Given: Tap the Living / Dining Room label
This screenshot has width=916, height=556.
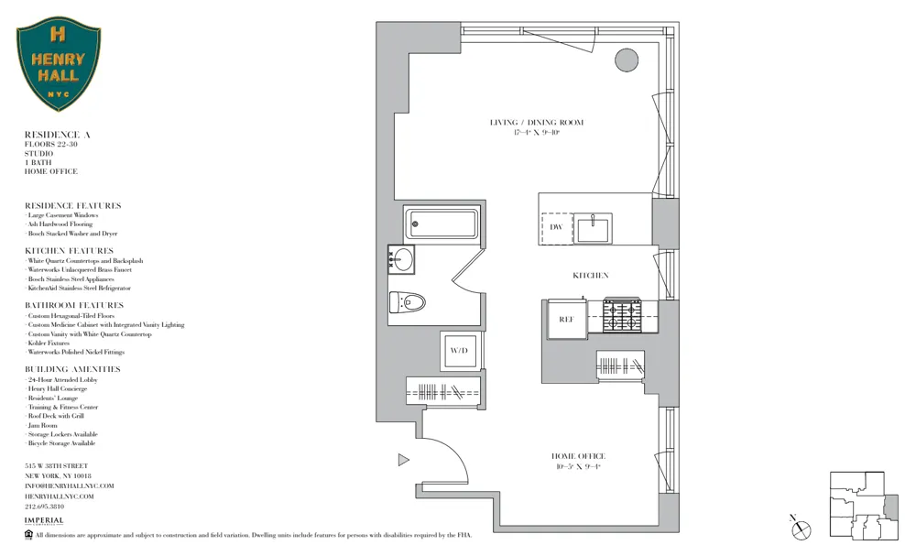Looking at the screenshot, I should pos(536,123).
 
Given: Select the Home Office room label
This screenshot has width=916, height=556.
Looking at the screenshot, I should pos(577,456).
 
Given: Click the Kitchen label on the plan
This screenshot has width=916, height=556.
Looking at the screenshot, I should pos(590,275).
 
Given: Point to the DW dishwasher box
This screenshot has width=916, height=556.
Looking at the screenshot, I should pos(556,227).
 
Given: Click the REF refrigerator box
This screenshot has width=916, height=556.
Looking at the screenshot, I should pos(566,319).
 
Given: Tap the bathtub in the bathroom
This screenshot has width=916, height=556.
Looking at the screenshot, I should pos(442,223).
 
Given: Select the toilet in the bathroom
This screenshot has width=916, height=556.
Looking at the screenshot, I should pos(408,301).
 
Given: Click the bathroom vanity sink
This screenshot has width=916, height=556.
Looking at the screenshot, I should pos(402,259).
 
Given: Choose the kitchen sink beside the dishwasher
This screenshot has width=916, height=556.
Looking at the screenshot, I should pos(594,227).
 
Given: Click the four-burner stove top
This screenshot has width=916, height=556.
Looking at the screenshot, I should pos(622,316).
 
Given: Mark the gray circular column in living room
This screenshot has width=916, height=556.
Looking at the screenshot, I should pos(626,60).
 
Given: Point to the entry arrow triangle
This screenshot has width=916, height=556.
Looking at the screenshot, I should pos(403,460).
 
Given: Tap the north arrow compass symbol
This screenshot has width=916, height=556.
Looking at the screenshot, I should pos(801,527).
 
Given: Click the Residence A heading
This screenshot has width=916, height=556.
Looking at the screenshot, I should pos(57,135).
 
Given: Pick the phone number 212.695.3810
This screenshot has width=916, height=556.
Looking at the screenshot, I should pos(44,506).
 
